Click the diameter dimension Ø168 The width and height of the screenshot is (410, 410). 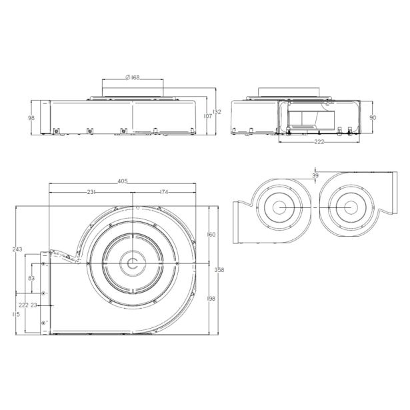pyautogui.click(x=133, y=77)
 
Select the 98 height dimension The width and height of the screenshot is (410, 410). pyautogui.click(x=31, y=118)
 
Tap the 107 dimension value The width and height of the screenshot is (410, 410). pyautogui.click(x=208, y=116)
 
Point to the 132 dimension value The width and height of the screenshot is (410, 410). pyautogui.click(x=217, y=112)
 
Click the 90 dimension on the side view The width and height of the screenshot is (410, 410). pyautogui.click(x=373, y=117)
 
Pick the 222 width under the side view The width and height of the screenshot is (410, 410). pyautogui.click(x=319, y=142)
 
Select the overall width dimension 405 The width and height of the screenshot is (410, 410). pyautogui.click(x=123, y=181)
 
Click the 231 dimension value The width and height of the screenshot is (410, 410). pyautogui.click(x=91, y=192)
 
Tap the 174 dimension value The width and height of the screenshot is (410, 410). pyautogui.click(x=164, y=192)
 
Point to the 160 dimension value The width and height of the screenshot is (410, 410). pyautogui.click(x=211, y=235)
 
